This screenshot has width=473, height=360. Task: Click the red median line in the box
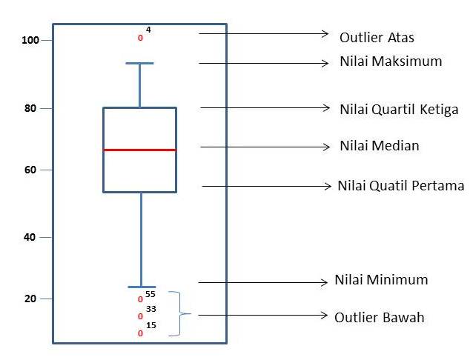[x=139, y=150]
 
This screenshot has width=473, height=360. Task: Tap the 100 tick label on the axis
[x=30, y=40]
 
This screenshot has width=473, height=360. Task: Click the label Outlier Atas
[x=377, y=37]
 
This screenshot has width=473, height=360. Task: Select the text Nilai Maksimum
[x=391, y=61]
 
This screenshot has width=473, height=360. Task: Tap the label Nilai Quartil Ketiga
[x=399, y=110]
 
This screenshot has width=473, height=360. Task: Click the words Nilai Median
[x=380, y=146]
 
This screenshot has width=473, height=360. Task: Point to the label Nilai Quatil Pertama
[x=400, y=185]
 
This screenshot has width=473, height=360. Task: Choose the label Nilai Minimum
[x=381, y=280]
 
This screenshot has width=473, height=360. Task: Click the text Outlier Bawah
[x=380, y=317]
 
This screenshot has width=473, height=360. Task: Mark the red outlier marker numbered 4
[x=140, y=37]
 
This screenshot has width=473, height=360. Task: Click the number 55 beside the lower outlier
[x=150, y=294]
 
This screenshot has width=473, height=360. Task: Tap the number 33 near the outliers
[x=150, y=309]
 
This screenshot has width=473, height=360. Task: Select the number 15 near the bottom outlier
[x=150, y=325]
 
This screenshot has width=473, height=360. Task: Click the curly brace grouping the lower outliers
[x=178, y=314]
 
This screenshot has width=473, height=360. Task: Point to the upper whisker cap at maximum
[x=139, y=64]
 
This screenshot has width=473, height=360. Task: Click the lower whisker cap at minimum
[x=141, y=287]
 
